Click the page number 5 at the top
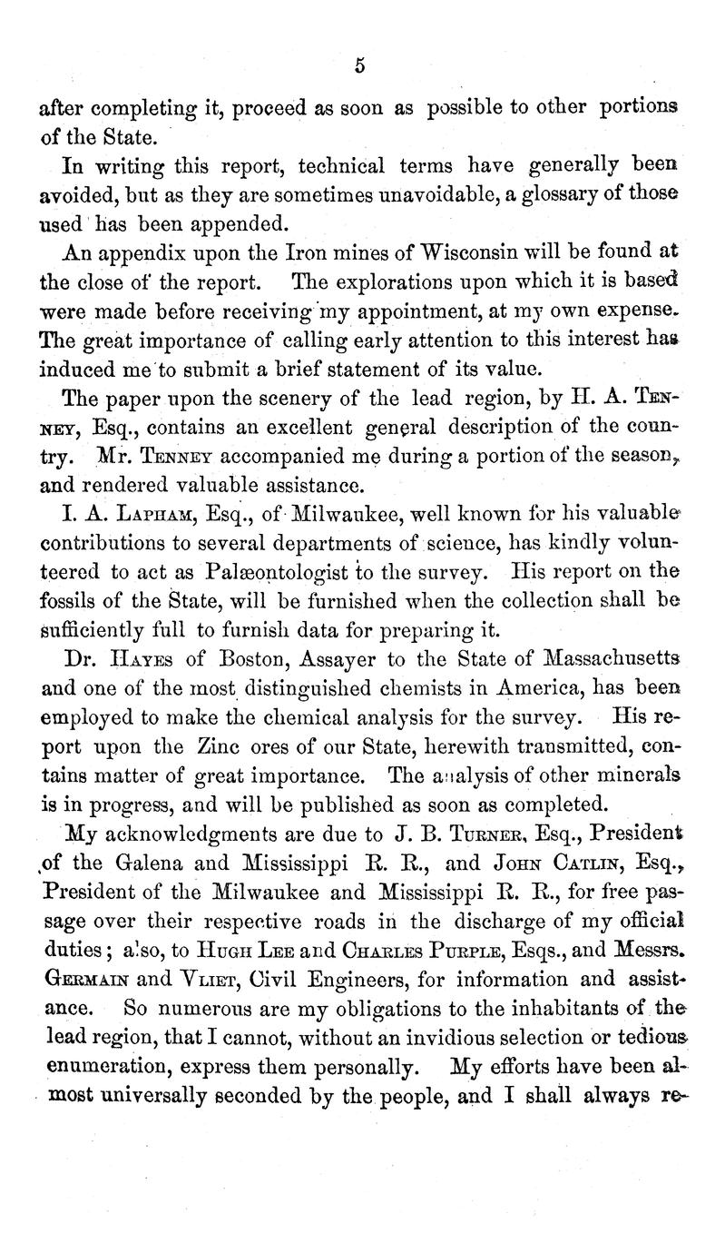pyautogui.click(x=360, y=64)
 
